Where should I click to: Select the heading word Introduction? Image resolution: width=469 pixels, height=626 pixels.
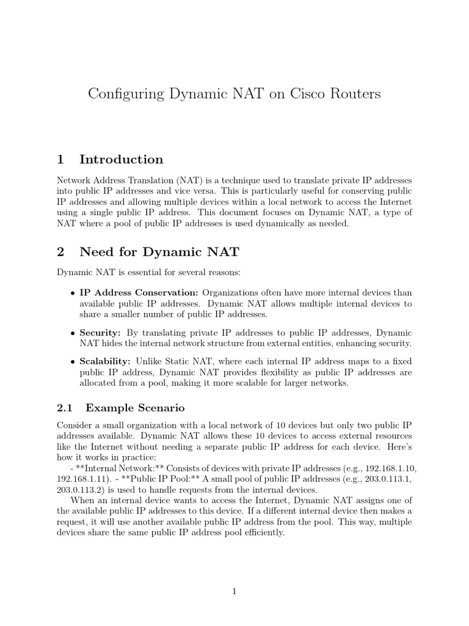coord(121,160)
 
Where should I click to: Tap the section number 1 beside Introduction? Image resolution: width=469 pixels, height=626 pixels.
coord(60,160)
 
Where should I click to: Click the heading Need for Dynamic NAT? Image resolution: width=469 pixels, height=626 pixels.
coord(159,250)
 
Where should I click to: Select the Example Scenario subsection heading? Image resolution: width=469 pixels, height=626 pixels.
coord(135,407)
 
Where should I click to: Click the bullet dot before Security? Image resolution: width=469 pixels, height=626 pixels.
coord(73,333)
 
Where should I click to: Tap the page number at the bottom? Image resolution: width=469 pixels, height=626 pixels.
coord(234,591)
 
